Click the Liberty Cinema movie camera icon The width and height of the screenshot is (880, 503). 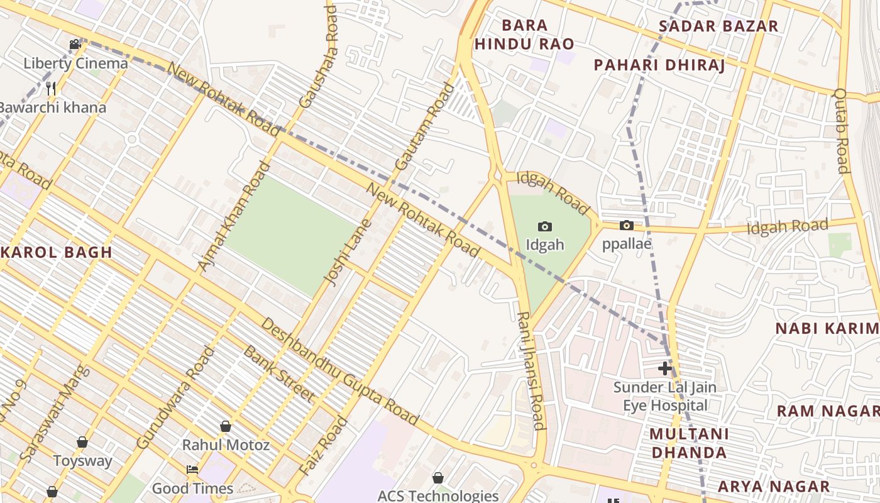(75, 44)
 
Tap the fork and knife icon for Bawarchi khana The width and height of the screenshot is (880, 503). (52, 88)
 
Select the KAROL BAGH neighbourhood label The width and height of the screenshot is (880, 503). (57, 252)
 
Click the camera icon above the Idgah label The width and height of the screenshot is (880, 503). (545, 226)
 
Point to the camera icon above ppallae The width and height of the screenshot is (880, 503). (627, 225)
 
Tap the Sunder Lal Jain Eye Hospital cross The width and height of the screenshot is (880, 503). (664, 368)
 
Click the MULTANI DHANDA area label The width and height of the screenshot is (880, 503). (689, 443)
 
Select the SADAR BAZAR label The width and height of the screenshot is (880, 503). (718, 26)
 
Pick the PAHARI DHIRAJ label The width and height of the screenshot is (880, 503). (659, 65)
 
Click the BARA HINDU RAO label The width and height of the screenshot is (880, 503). (524, 35)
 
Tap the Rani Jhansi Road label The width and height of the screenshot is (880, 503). (531, 371)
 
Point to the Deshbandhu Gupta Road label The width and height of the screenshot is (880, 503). (339, 371)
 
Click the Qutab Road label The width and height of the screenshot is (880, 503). (841, 130)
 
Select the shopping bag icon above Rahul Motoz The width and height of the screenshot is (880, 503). (226, 426)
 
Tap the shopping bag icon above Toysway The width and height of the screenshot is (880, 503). (82, 442)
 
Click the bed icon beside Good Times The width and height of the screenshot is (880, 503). (192, 470)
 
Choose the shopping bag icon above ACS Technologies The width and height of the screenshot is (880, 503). (438, 478)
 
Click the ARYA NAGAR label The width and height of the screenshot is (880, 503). (774, 486)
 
